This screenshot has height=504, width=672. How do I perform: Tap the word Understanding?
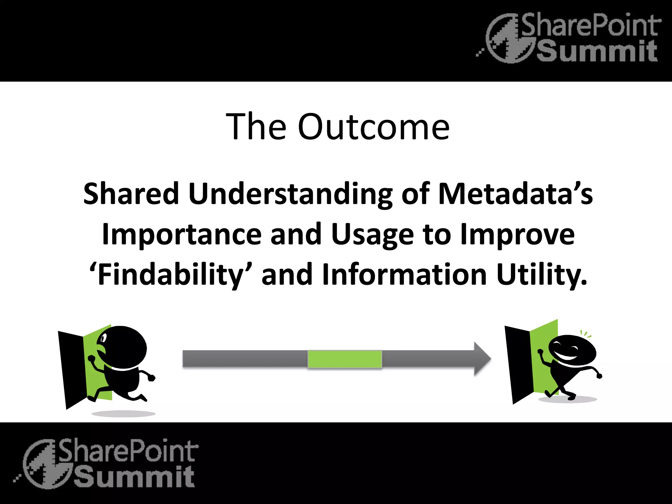(290, 194)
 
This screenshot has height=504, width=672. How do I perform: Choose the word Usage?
(372, 235)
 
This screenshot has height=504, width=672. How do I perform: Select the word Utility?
(541, 275)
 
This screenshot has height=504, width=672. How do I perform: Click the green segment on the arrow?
(345, 359)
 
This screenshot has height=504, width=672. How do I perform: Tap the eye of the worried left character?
(104, 338)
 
